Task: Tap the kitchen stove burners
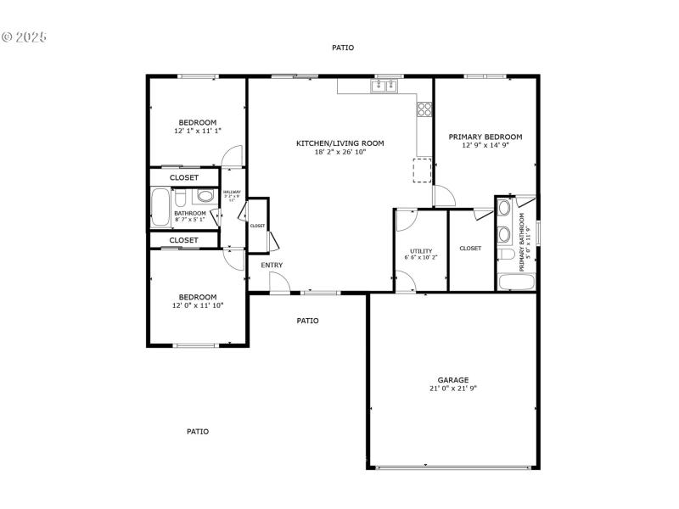point(424,109)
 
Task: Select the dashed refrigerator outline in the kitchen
point(422,170)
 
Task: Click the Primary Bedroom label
point(485,137)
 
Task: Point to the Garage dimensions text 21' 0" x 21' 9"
point(452,388)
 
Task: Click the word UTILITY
point(421,251)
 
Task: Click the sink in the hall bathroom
point(204,197)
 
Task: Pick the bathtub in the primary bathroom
point(516,282)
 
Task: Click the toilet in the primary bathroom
point(504,255)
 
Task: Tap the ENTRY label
point(272,266)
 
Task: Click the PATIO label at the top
point(343,48)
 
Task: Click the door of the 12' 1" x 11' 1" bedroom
point(232,157)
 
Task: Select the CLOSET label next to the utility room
point(470,249)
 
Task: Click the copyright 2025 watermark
point(25,37)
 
